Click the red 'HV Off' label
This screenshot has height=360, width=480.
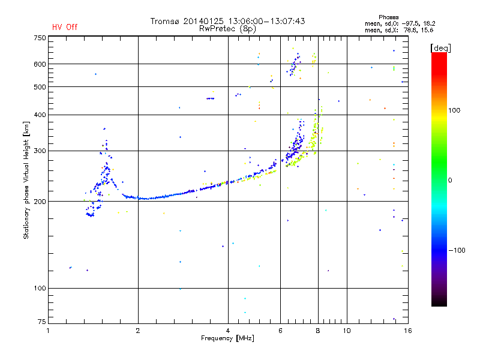coord(65,27)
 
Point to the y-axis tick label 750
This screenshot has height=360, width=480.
coord(40,37)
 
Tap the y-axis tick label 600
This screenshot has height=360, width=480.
coord(40,64)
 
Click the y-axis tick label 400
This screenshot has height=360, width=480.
coord(40,115)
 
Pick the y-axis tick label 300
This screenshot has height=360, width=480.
coord(40,151)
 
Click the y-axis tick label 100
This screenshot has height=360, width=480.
coord(40,288)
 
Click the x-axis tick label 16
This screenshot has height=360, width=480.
coord(407,331)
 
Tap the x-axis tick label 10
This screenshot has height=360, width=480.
coord(346,331)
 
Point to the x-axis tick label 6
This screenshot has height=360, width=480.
coord(280,331)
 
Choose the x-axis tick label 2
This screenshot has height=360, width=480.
coord(138,331)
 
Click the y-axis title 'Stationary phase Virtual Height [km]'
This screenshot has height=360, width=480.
coord(26,180)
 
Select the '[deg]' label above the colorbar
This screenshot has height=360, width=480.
coord(440,47)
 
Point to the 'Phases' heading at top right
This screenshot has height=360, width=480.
coord(388,17)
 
